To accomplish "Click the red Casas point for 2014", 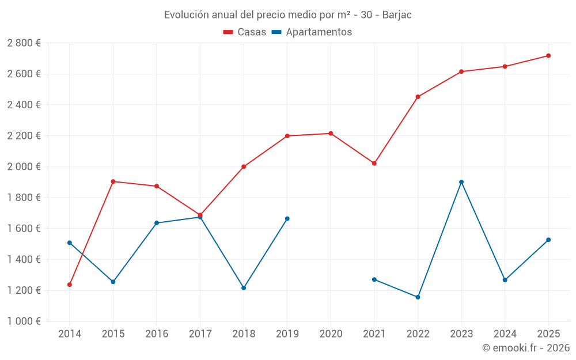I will coord(70,285).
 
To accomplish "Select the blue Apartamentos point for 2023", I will coord(461,182).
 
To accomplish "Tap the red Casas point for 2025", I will coord(548,56).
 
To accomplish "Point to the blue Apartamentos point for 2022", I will coord(418,297).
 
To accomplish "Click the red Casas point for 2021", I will coord(374,164).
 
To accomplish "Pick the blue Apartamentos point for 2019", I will coord(287,219).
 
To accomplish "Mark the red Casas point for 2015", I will coord(113,181).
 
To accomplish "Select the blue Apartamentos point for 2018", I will coord(244,288).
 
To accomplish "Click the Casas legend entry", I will coord(245,32).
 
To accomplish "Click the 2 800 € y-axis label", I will coord(24,43).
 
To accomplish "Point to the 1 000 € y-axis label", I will coord(24,321).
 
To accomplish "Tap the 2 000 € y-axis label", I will coord(24,166).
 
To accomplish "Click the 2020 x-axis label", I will coord(331,334).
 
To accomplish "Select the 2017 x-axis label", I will coord(200,334).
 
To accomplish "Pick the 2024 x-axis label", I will coord(505,334).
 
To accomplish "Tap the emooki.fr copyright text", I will coord(526,348).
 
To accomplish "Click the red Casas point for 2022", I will coord(418,97).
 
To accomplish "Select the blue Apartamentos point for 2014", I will coord(70,243).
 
